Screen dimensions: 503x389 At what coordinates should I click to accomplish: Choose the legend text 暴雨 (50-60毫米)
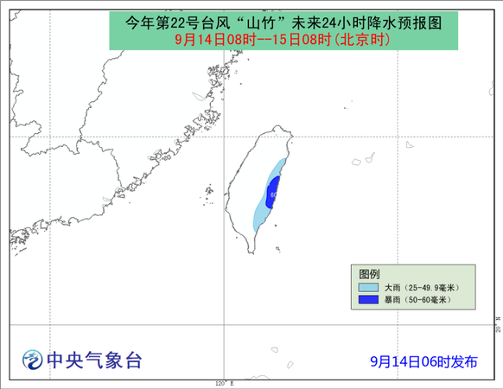coord(417,300)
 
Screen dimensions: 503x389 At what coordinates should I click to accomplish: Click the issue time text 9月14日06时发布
coord(423,361)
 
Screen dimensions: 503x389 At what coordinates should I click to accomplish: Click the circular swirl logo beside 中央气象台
coord(32,359)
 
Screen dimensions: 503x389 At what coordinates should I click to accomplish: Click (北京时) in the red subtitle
coord(362,40)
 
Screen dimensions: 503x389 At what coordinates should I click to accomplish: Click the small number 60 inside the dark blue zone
coord(274,194)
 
